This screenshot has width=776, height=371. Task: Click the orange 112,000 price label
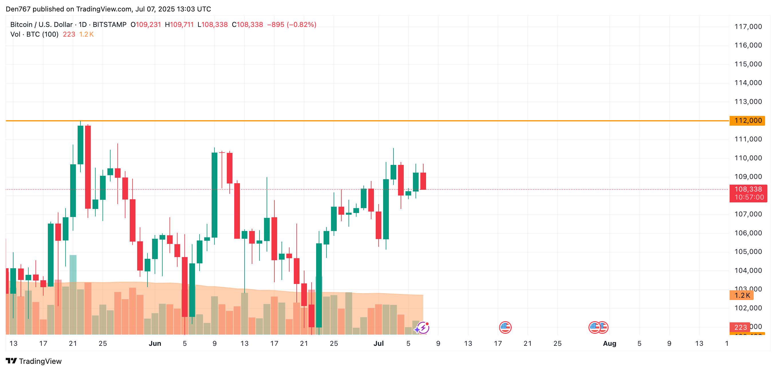pyautogui.click(x=747, y=121)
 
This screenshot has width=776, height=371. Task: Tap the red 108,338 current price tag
pyautogui.click(x=748, y=193)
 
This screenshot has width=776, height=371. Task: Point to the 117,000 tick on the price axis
pyautogui.click(x=748, y=27)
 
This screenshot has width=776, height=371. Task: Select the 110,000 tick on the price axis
pyautogui.click(x=748, y=158)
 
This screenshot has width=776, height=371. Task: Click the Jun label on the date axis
pyautogui.click(x=155, y=343)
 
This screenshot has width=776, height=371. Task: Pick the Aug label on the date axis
pyautogui.click(x=609, y=343)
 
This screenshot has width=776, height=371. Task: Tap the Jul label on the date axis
pyautogui.click(x=378, y=343)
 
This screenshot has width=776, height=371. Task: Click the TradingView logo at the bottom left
pyautogui.click(x=34, y=361)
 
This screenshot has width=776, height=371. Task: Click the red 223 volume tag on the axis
pyautogui.click(x=740, y=327)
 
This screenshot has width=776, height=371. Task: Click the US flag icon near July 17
pyautogui.click(x=505, y=327)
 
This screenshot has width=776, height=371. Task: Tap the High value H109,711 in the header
pyautogui.click(x=179, y=25)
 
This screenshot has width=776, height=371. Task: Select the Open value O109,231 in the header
pyautogui.click(x=146, y=25)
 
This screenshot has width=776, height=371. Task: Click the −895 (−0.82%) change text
pyautogui.click(x=292, y=25)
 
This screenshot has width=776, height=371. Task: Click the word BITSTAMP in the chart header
pyautogui.click(x=109, y=25)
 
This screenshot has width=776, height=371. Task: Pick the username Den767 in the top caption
pyautogui.click(x=18, y=9)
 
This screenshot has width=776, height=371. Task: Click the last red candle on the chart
pyautogui.click(x=423, y=181)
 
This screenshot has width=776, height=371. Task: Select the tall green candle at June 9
pyautogui.click(x=214, y=195)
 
